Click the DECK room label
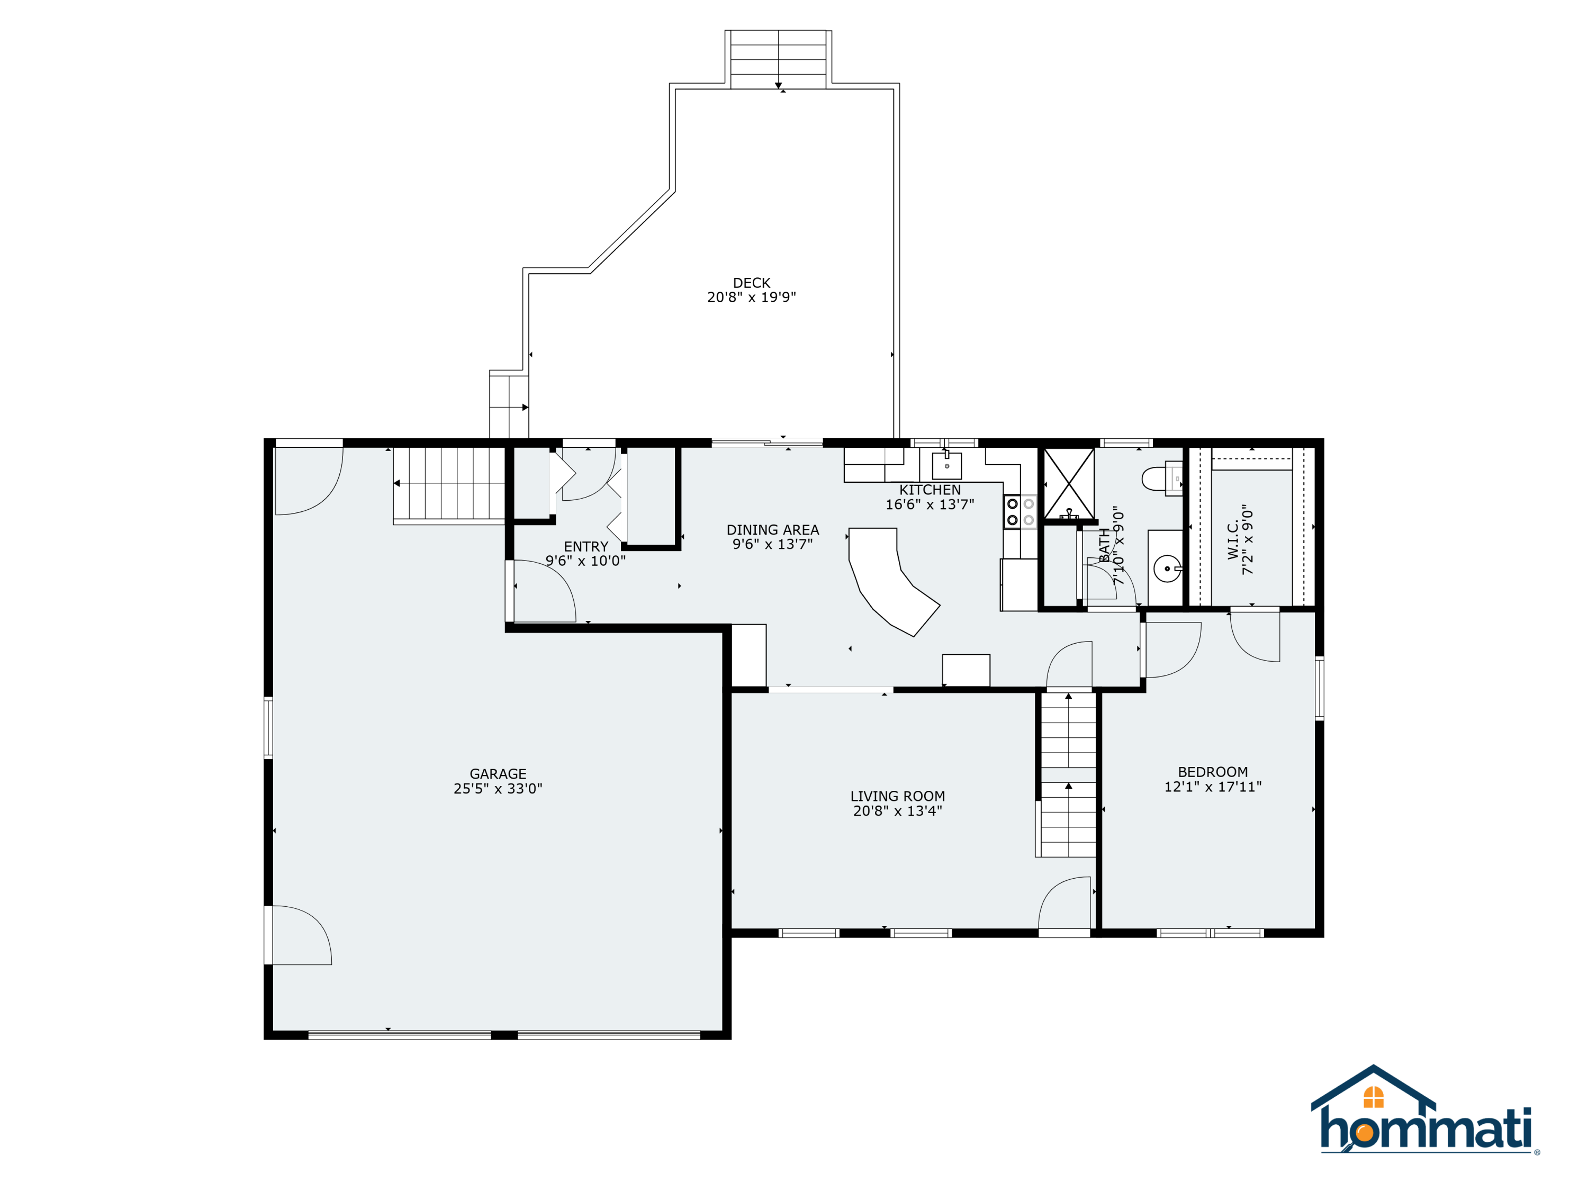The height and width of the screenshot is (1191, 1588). click(751, 283)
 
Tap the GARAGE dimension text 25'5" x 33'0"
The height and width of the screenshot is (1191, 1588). click(498, 788)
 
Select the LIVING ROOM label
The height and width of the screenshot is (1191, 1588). click(897, 796)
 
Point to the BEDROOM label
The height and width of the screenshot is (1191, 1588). click(1213, 772)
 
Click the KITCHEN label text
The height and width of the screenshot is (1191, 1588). click(930, 490)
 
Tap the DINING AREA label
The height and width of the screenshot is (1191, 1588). click(772, 530)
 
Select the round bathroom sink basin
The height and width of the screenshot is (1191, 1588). click(1167, 569)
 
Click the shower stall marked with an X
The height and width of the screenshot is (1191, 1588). click(1068, 483)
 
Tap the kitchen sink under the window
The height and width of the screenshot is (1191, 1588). click(946, 465)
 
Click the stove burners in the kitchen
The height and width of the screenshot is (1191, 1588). click(1019, 511)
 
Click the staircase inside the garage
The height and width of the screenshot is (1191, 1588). click(449, 483)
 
